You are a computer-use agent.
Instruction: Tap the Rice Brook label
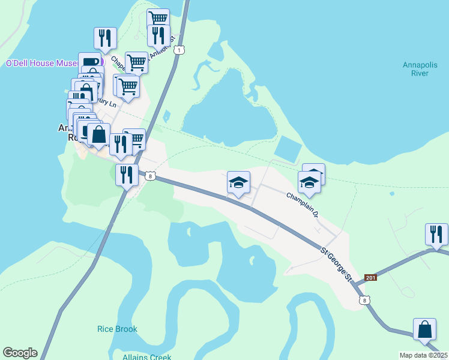[117, 329]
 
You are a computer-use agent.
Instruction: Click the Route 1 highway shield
[178, 51]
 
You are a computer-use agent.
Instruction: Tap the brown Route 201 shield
[370, 278]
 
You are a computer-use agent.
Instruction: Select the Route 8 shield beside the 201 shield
[363, 300]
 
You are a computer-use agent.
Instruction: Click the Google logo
[20, 353]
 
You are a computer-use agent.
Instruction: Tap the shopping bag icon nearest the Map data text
[424, 330]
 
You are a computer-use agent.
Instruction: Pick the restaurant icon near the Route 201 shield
[436, 234]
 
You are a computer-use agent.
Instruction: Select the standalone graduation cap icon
[238, 183]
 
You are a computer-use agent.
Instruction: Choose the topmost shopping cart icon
[158, 19]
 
